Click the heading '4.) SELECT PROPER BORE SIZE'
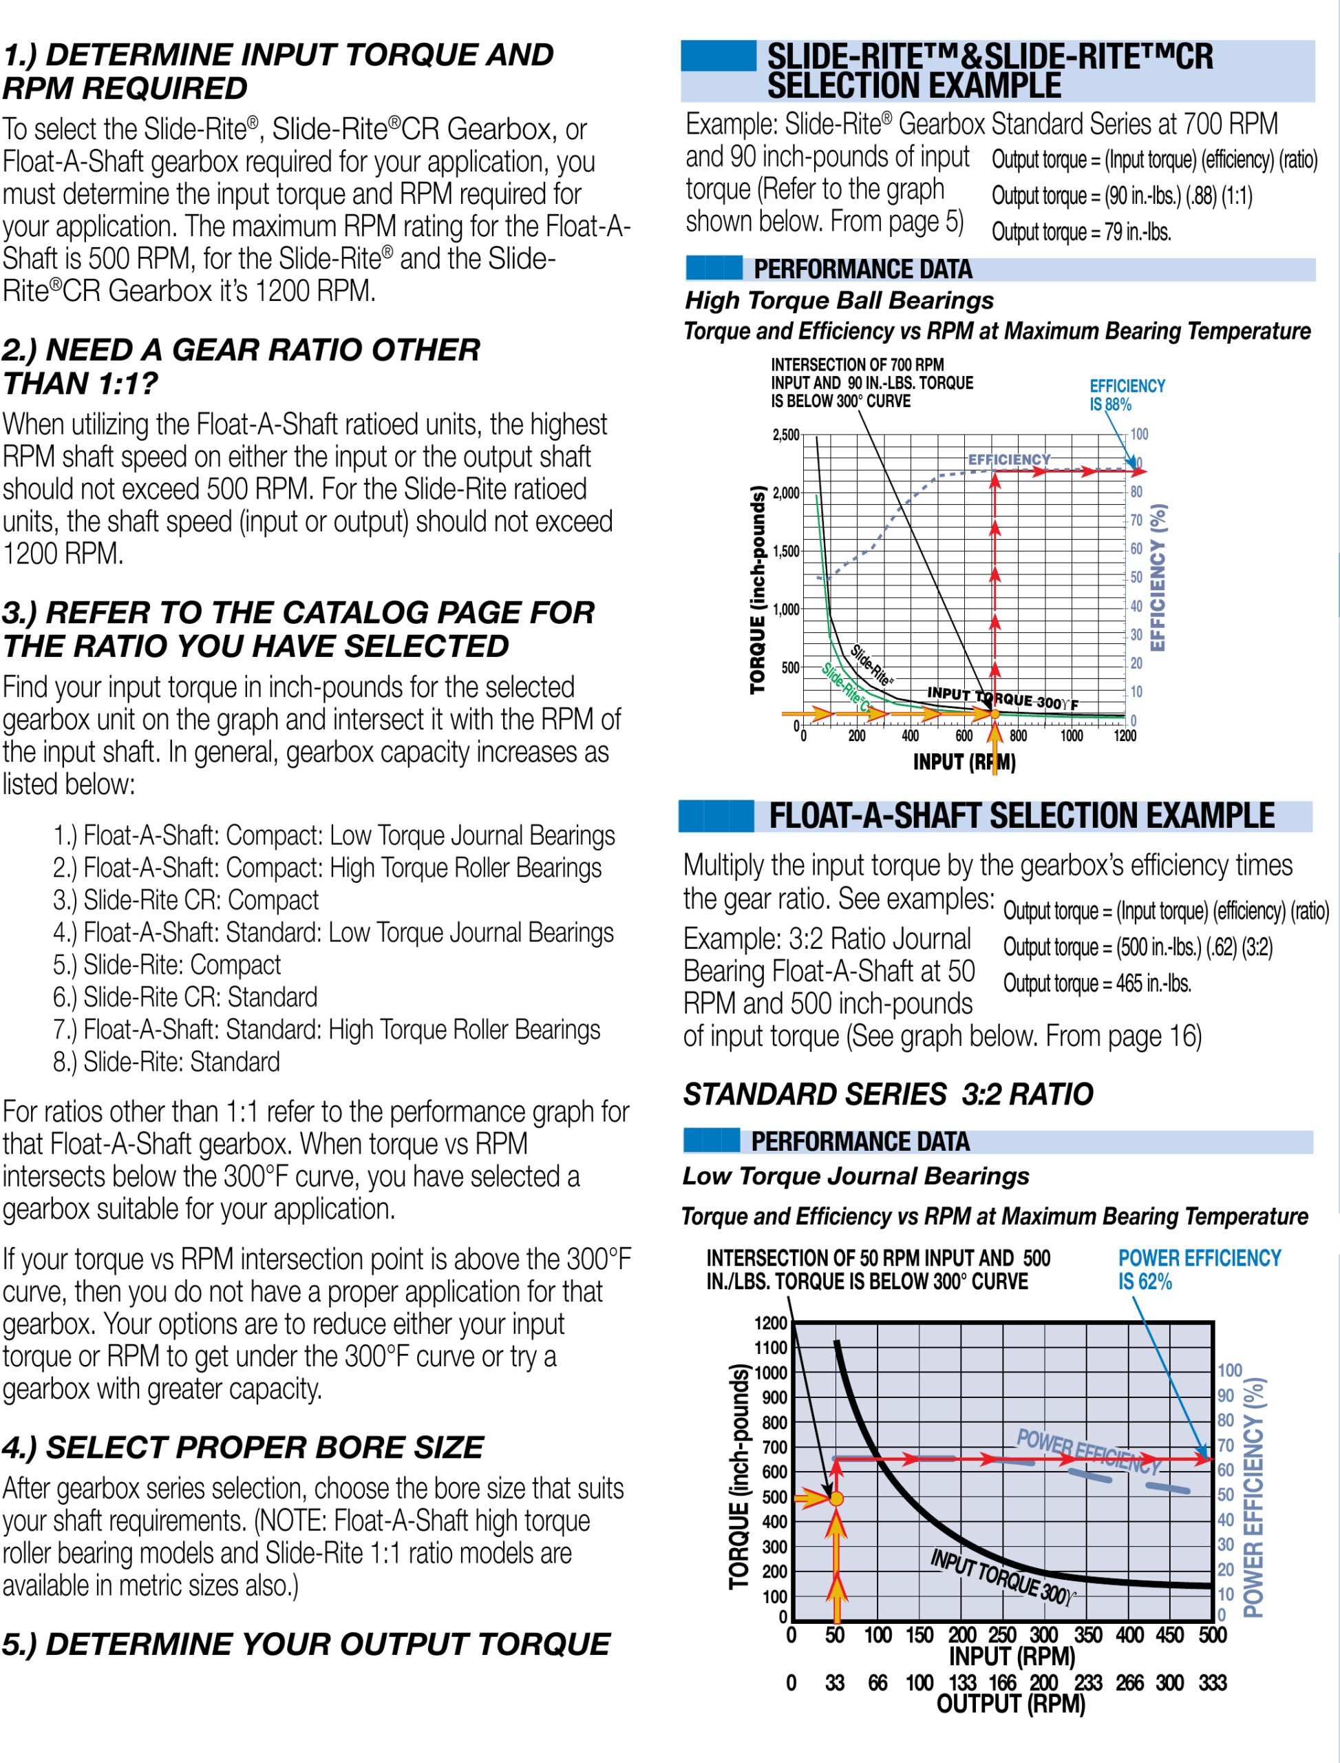[x=242, y=1447]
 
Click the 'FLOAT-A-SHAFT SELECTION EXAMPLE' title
[x=1021, y=815]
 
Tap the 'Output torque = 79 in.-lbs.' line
[x=1081, y=232]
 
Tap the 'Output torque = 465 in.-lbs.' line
[x=1097, y=983]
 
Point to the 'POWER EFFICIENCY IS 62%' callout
[x=1199, y=1270]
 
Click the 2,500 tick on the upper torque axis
[x=786, y=435]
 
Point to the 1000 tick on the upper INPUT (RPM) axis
[x=1071, y=736]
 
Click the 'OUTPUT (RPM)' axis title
[x=1010, y=1704]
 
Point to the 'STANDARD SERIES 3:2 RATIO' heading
[x=888, y=1094]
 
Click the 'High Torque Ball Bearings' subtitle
[x=839, y=301]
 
